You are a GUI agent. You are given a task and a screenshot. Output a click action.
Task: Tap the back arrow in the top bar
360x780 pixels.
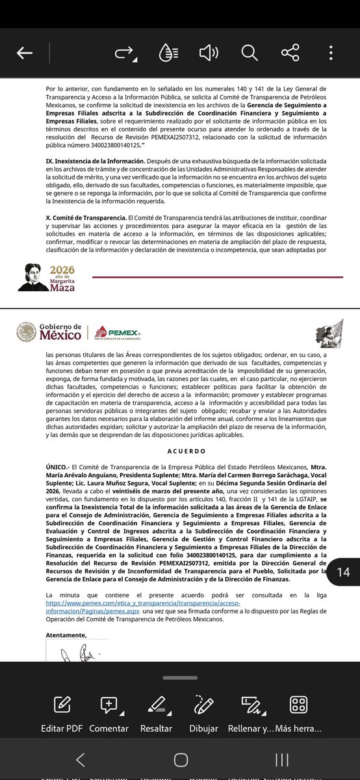25,53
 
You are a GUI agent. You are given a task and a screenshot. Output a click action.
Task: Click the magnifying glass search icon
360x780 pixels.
250,53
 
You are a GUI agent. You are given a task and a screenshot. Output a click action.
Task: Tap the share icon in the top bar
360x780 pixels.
290,53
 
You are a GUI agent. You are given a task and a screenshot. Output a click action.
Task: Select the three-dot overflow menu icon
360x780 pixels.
331,53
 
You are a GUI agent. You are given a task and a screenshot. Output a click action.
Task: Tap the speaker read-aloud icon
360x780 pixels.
208,53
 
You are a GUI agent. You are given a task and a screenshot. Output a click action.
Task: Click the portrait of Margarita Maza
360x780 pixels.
36,278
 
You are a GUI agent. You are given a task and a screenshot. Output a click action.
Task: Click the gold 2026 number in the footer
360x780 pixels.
63,269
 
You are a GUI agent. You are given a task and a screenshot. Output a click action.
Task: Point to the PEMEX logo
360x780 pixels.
118,333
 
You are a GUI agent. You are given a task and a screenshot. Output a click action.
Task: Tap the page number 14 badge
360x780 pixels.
343,572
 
